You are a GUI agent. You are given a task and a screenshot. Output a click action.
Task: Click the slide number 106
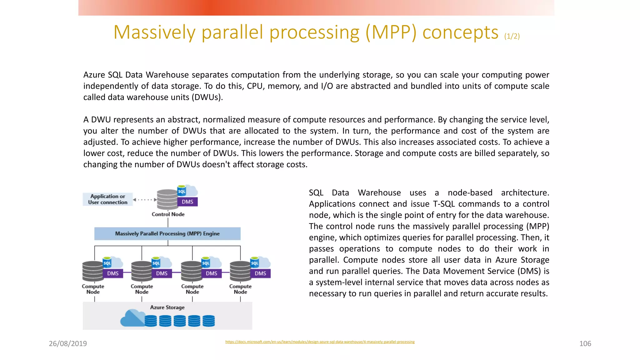pos(585,343)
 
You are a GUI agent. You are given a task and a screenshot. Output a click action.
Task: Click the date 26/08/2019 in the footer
pos(68,343)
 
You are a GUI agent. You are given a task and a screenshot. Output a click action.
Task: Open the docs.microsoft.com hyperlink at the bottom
pos(320,342)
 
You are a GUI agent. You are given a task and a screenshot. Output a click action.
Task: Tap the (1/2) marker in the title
pos(512,36)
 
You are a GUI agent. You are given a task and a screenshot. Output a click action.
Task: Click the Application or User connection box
pos(107,199)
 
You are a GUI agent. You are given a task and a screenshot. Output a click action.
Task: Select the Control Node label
pos(168,214)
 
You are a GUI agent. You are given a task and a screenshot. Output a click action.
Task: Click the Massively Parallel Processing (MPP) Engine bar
pos(167,234)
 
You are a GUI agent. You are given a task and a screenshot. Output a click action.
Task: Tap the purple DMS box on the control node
pos(187,202)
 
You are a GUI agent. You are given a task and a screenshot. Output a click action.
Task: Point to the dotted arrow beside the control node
pos(145,200)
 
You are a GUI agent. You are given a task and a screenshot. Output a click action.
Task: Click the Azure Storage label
pos(167,307)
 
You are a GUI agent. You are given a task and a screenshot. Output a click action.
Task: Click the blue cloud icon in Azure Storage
pos(132,318)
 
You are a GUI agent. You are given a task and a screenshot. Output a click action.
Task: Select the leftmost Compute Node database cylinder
pos(92,271)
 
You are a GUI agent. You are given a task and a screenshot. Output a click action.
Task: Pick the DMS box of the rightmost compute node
pos(260,273)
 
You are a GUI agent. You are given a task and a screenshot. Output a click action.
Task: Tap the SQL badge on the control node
pos(182,191)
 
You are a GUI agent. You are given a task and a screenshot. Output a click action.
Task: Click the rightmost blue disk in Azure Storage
pos(209,321)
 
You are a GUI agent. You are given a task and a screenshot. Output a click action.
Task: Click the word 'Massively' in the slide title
pos(154,32)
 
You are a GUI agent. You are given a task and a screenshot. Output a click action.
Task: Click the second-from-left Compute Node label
pos(142,289)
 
